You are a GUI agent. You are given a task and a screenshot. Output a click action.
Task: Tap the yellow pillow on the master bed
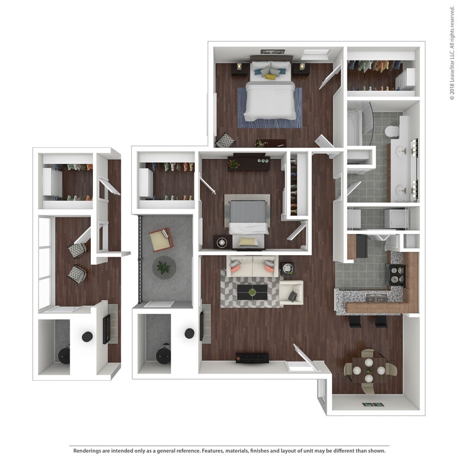pyautogui.click(x=270, y=77)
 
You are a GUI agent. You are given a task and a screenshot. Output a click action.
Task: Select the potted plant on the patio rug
pyautogui.click(x=163, y=267)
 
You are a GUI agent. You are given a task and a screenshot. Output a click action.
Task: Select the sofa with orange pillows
pyautogui.click(x=252, y=266)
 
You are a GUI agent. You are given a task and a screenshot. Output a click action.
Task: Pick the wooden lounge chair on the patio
pyautogui.click(x=162, y=240)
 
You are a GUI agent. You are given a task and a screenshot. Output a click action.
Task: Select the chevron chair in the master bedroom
pyautogui.click(x=225, y=141)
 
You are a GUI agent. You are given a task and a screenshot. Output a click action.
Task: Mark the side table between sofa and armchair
pyautogui.click(x=287, y=268)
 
